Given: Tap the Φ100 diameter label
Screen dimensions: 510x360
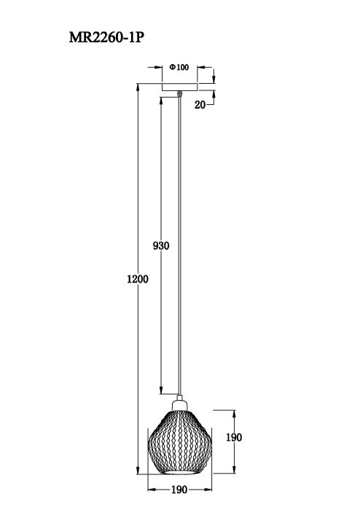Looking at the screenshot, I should pos(179,68).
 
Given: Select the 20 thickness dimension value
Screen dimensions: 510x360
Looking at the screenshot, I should pos(199,105).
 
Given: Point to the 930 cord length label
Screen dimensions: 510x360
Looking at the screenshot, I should pos(160,246).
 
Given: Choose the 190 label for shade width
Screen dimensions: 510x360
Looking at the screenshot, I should pos(179,490).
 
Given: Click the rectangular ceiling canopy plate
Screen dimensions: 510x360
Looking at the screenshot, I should pos(179,87).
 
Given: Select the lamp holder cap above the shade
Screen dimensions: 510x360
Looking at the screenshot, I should pos(179,403).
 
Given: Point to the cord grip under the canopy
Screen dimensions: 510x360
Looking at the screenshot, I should pos(179,93).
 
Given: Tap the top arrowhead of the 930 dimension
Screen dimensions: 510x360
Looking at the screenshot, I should pos(160,95).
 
